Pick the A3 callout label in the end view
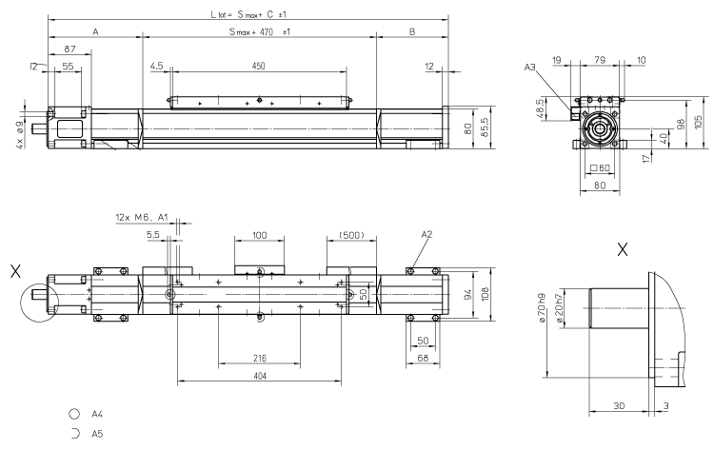531,67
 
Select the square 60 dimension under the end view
599,168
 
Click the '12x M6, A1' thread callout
141,217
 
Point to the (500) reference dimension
349,234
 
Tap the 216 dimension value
259,359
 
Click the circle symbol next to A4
73,415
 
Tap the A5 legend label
97,433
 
